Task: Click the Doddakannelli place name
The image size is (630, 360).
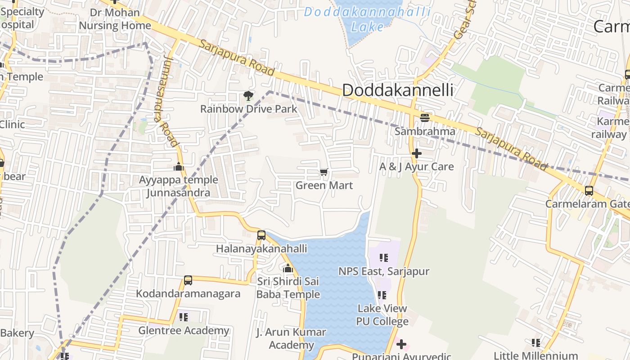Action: coord(397,90)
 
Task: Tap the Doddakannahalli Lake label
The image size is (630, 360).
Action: coord(367,18)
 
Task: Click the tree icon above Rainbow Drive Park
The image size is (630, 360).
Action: coord(247,95)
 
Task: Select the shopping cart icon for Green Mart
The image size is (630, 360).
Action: coord(324,172)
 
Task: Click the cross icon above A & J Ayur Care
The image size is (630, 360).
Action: coord(417,153)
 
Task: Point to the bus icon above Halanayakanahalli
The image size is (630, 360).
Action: coord(261,235)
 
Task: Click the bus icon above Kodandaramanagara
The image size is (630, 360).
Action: coord(188,280)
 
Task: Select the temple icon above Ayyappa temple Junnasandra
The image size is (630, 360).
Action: coord(179,166)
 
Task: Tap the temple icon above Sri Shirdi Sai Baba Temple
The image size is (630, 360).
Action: coord(288,269)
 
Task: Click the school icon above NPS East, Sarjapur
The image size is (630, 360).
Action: coord(383,258)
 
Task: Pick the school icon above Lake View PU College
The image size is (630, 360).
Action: coord(382,295)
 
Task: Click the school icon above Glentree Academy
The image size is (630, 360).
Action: coord(183,317)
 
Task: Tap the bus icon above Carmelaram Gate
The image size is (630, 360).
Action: coord(589,190)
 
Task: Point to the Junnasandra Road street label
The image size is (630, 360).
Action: coord(166,101)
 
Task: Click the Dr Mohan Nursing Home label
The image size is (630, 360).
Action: coord(115,19)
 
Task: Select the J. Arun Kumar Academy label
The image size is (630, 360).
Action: coord(291,339)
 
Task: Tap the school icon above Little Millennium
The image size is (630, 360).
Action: coord(535,343)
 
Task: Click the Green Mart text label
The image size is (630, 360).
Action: coord(324,185)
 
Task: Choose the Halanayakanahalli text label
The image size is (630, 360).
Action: coord(261,249)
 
